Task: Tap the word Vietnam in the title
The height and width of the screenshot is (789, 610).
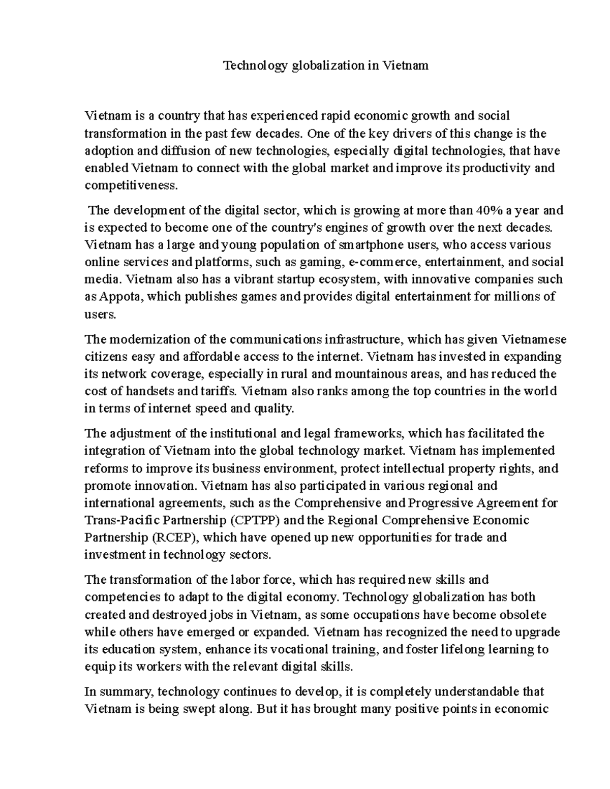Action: [x=405, y=66]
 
